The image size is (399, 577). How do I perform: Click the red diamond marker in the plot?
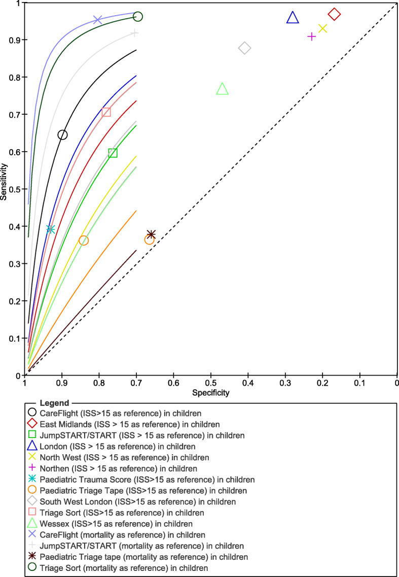coord(334,14)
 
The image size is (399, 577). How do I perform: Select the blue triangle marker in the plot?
coord(293,18)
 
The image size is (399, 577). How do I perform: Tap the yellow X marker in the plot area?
coord(322,28)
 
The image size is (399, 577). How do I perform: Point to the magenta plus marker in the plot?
coord(312,37)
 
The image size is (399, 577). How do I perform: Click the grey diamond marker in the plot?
coord(244,48)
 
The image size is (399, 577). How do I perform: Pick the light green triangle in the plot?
coord(222,89)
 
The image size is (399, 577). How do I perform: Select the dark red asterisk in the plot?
coord(151,234)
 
